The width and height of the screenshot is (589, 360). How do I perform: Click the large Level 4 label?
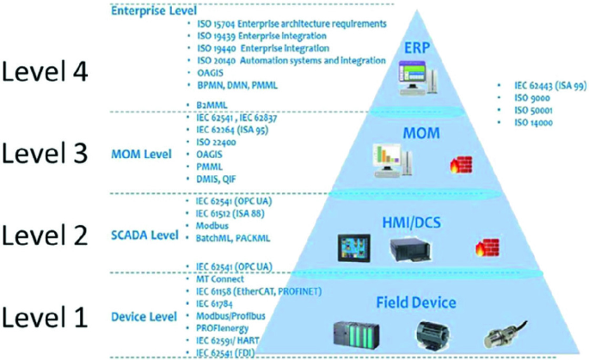point(45,72)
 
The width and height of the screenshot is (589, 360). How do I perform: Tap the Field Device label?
point(416,302)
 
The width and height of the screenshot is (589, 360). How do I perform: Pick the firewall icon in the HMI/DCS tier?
point(482,249)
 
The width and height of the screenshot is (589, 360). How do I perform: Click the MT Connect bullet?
point(222,279)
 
